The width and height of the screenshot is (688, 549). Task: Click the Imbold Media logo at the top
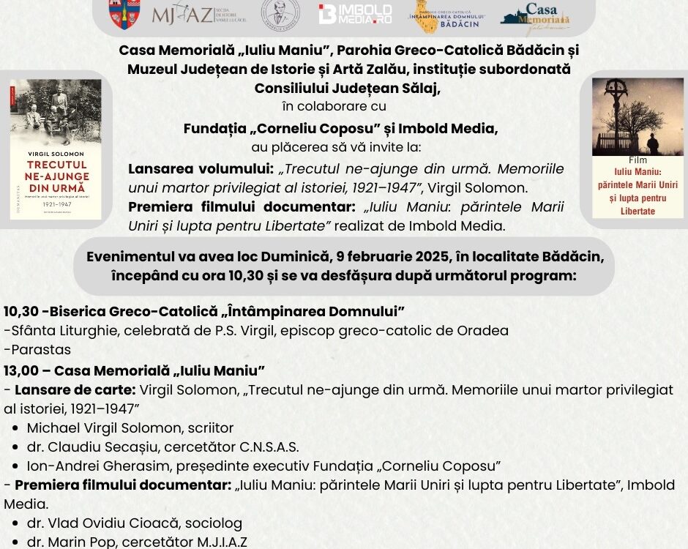click(355, 13)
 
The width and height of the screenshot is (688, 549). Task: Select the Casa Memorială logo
click(535, 16)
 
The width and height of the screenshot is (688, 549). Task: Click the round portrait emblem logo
click(277, 14)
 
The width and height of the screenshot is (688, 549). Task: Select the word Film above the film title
click(637, 160)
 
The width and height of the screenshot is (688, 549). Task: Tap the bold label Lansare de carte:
click(75, 389)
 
